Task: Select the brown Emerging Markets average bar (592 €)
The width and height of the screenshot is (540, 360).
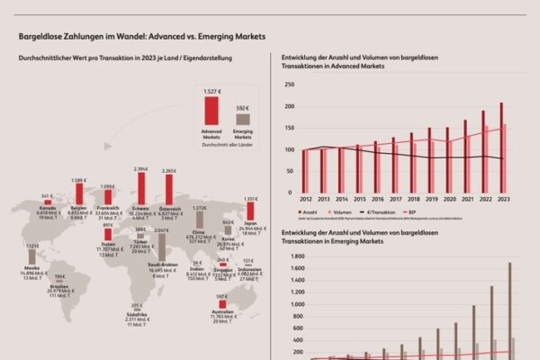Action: point(242,119)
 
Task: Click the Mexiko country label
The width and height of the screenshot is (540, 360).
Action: point(31,269)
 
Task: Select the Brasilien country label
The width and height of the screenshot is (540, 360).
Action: point(60,286)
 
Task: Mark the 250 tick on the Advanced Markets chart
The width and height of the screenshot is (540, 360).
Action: point(290,85)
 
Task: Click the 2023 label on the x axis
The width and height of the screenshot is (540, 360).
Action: point(503,199)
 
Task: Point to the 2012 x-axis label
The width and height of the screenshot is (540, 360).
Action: point(305,199)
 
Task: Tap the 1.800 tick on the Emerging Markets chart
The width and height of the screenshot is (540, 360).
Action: point(287,256)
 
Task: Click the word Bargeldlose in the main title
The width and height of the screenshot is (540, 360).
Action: point(42,39)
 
